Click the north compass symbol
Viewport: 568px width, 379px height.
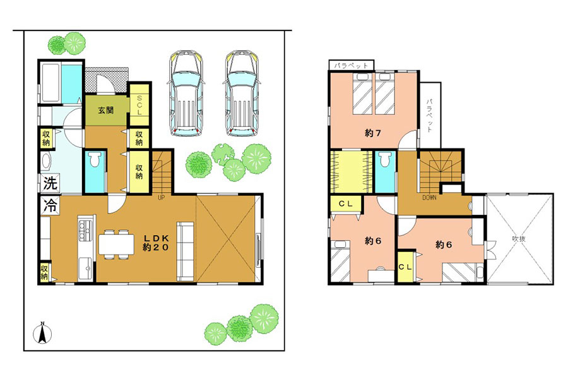click(42, 333)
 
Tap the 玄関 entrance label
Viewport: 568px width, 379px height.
click(106, 111)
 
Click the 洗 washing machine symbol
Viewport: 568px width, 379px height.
click(50, 183)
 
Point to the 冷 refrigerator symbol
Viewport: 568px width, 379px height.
click(50, 206)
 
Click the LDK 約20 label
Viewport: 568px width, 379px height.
click(156, 243)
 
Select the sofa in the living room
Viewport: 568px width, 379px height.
click(186, 251)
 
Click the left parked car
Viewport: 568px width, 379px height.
click(186, 93)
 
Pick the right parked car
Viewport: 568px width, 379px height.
click(242, 93)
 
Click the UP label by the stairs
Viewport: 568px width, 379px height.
click(161, 198)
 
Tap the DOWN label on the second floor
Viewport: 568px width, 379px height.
click(429, 198)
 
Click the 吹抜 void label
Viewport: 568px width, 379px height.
click(519, 239)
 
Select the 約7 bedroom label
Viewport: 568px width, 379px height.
click(373, 133)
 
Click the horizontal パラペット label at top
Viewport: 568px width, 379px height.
click(351, 66)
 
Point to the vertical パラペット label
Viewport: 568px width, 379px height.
click(430, 116)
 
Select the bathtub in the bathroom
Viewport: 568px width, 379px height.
click(50, 83)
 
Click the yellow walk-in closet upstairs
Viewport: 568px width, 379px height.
click(352, 172)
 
